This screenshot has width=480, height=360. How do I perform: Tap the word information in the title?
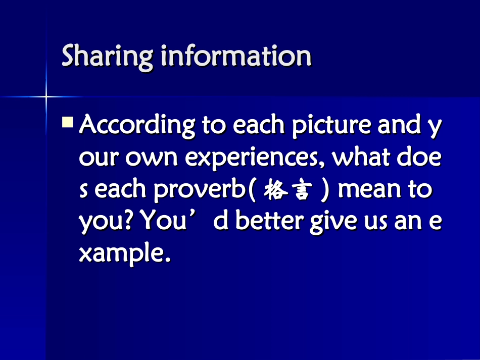click(x=236, y=56)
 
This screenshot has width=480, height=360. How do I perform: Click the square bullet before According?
click(x=68, y=122)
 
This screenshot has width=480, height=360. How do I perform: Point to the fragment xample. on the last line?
click(x=122, y=254)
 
